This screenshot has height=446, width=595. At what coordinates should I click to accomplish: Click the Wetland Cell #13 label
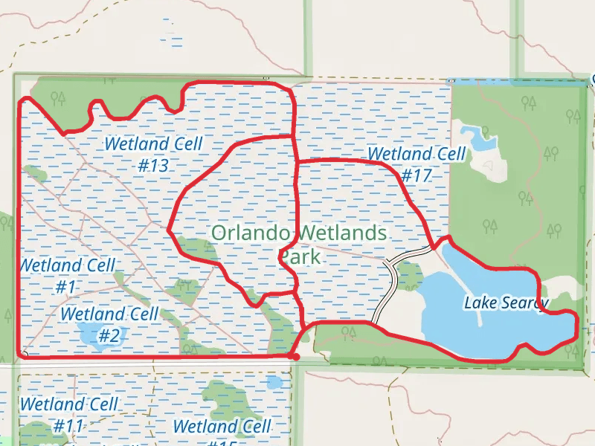coord(154,154)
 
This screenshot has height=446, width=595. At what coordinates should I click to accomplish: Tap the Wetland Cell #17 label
coord(416,164)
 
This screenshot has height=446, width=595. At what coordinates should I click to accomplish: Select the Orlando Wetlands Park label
coord(298,244)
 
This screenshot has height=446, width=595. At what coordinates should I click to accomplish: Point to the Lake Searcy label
coord(506,303)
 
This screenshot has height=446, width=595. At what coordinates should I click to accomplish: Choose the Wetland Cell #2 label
coord(109,324)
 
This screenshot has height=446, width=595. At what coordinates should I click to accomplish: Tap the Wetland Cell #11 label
coord(69,415)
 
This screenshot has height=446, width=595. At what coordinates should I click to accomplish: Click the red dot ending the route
coord(296,358)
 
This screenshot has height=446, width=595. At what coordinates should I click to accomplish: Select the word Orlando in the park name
coord(251,232)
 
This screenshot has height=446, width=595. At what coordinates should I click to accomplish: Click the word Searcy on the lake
coord(524,303)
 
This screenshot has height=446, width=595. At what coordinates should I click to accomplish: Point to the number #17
coord(416,176)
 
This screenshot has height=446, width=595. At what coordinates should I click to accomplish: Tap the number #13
coord(154,165)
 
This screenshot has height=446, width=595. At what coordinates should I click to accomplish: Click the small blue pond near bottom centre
coord(274,382)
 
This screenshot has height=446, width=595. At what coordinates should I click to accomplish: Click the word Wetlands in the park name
coord(341,232)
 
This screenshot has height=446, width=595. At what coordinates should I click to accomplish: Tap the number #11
coord(69,427)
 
